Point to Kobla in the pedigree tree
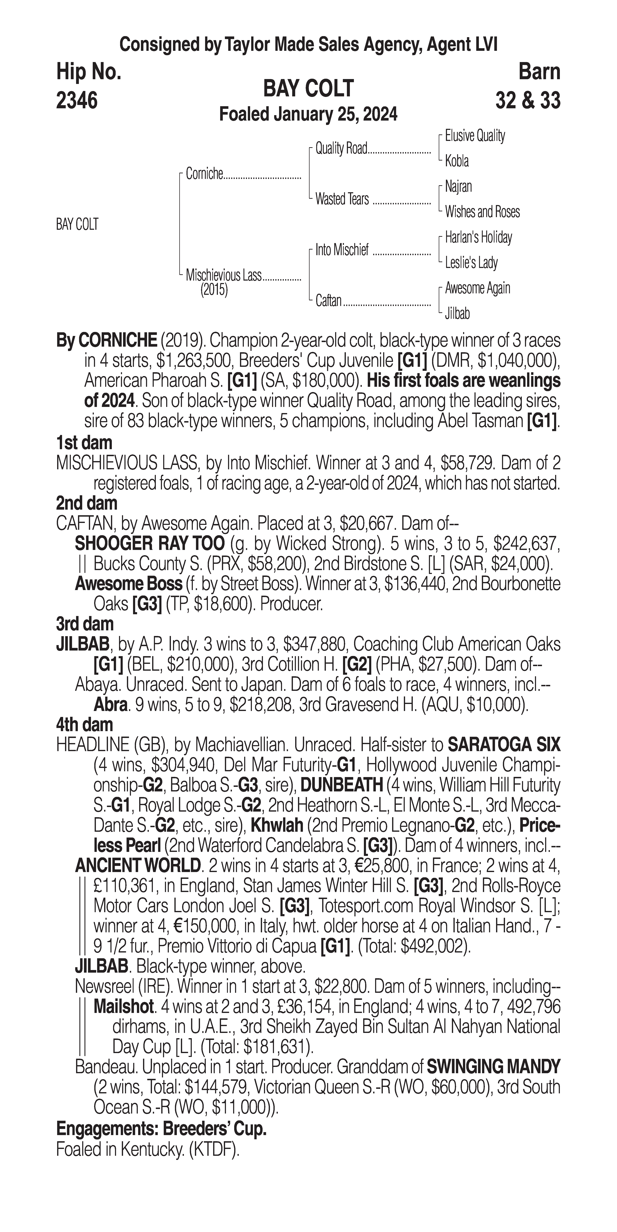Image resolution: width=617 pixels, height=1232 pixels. click(x=457, y=161)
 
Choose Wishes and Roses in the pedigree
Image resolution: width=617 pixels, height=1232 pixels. click(x=482, y=212)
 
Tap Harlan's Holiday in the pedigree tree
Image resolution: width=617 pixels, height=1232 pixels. click(x=478, y=237)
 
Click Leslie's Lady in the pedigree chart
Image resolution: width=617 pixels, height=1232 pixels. click(x=471, y=263)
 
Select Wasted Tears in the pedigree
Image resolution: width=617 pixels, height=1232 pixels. click(x=342, y=199)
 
